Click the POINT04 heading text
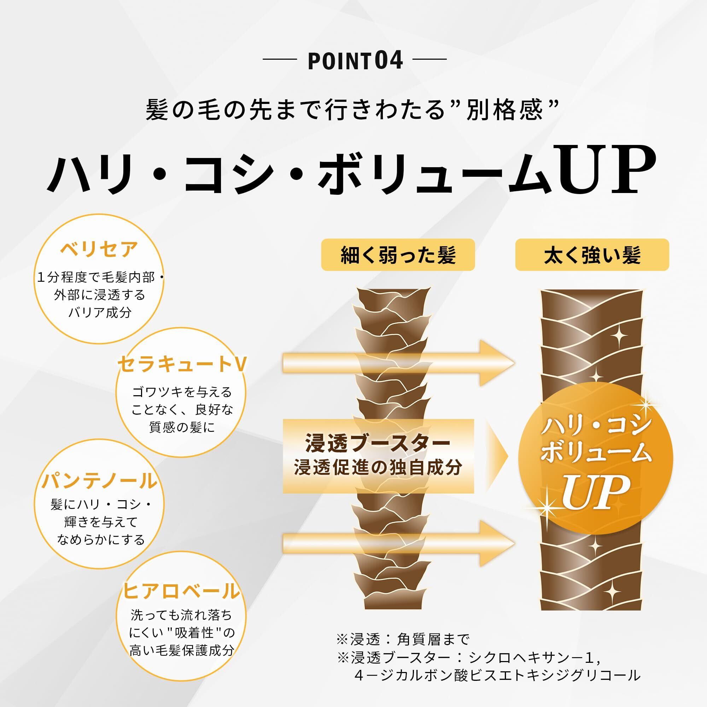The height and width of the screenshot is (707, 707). pos(355,61)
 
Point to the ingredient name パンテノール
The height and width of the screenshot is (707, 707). pos(99,480)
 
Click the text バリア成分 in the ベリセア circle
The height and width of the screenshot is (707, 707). pos(100,312)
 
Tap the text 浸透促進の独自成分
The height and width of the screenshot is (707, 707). pos(378,468)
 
